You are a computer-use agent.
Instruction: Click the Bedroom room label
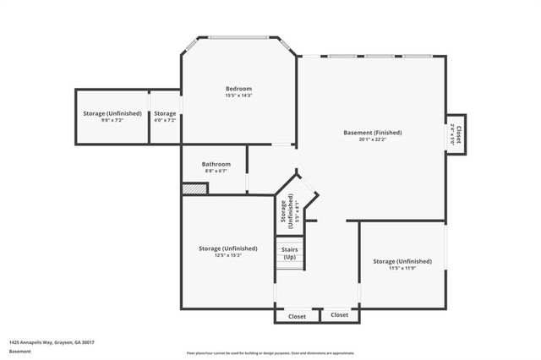238,89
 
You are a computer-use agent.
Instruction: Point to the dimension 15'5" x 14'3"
238,95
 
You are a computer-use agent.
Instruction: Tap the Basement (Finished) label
372,133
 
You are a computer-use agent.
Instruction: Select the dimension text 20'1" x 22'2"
372,139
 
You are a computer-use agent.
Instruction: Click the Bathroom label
216,164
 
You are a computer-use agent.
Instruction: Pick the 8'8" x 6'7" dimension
216,171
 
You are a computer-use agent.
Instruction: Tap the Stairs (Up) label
289,253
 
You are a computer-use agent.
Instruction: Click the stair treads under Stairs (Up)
289,266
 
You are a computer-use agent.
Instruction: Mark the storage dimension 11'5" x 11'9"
402,268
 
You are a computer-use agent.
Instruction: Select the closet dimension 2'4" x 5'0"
452,133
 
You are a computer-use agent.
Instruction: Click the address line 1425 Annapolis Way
52,342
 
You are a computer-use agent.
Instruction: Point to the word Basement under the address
19,351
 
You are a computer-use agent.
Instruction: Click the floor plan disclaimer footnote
270,352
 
